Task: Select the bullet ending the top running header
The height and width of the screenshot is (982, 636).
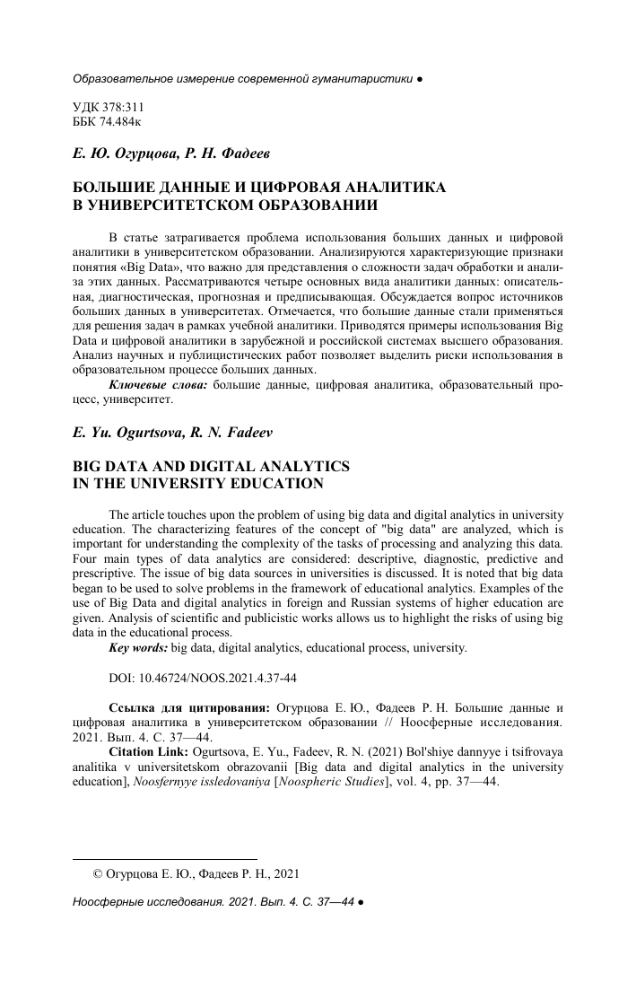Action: click(421, 79)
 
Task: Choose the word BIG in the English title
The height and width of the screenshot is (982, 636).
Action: click(89, 467)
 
